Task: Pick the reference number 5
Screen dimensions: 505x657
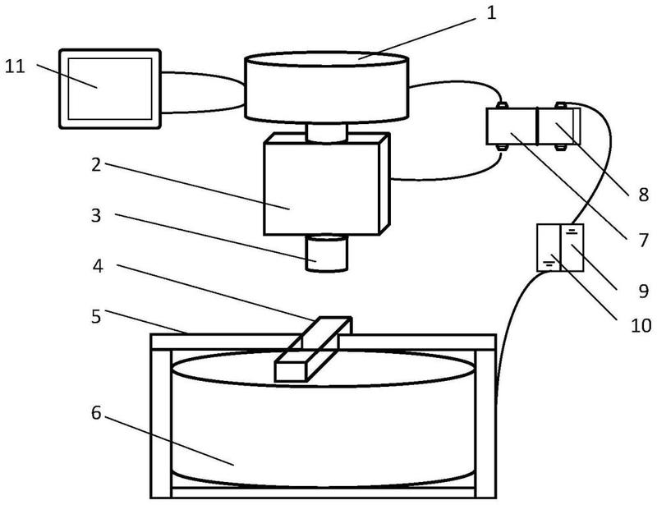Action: point(98,315)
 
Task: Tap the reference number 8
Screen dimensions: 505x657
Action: point(642,195)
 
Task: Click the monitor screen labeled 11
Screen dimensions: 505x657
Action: point(109,88)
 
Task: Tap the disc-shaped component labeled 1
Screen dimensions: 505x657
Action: point(327,86)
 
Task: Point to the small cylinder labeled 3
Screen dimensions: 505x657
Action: point(328,252)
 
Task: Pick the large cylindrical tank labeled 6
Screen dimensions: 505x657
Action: point(324,423)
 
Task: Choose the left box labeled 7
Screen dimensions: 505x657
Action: point(512,128)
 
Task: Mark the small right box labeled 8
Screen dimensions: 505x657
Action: point(558,128)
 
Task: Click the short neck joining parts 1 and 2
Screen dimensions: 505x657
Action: point(327,131)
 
